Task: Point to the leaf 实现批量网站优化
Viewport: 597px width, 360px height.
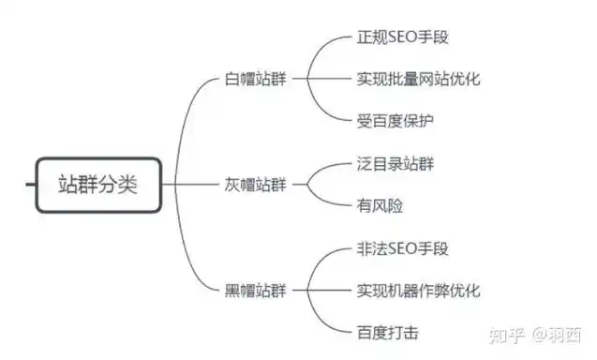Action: (x=418, y=79)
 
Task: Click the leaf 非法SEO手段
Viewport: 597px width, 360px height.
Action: (x=403, y=249)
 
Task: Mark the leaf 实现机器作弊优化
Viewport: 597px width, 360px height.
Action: (x=418, y=290)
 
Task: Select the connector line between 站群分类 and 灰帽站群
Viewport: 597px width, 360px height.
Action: (x=192, y=184)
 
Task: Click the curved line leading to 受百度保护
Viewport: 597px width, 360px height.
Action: (x=330, y=111)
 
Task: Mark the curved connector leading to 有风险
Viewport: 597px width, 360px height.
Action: (x=330, y=199)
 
